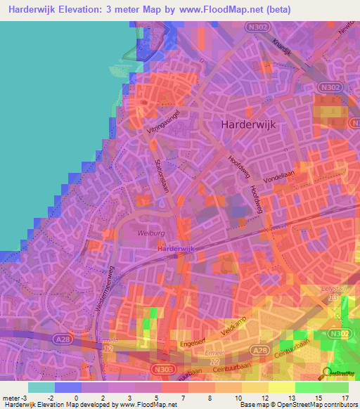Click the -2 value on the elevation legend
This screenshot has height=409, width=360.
pos(49,398)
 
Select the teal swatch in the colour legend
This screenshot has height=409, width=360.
pos(41,387)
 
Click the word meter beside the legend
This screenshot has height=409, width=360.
pos(11,398)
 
